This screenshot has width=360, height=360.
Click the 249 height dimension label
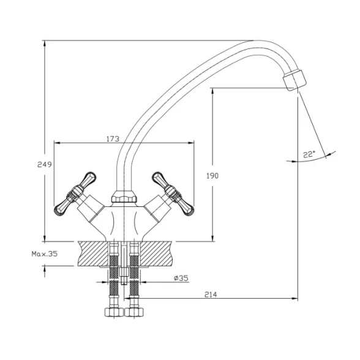[x=45, y=164]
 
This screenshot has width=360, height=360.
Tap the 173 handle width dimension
[x=113, y=138]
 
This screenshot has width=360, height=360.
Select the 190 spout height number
[x=212, y=176]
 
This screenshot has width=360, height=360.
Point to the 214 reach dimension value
[x=211, y=294]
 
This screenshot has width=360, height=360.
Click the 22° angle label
[x=309, y=154]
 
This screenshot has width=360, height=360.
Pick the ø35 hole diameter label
[x=181, y=278]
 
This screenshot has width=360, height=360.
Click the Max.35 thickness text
[x=44, y=254]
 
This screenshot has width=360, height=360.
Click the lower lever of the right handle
[x=186, y=207]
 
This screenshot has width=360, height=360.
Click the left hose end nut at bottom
[x=114, y=312]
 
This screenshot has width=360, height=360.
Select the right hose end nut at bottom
[x=134, y=312]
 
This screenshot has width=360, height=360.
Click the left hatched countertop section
[x=94, y=253]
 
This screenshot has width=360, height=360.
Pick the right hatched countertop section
[x=156, y=253]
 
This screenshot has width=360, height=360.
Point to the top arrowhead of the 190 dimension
[x=213, y=91]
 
